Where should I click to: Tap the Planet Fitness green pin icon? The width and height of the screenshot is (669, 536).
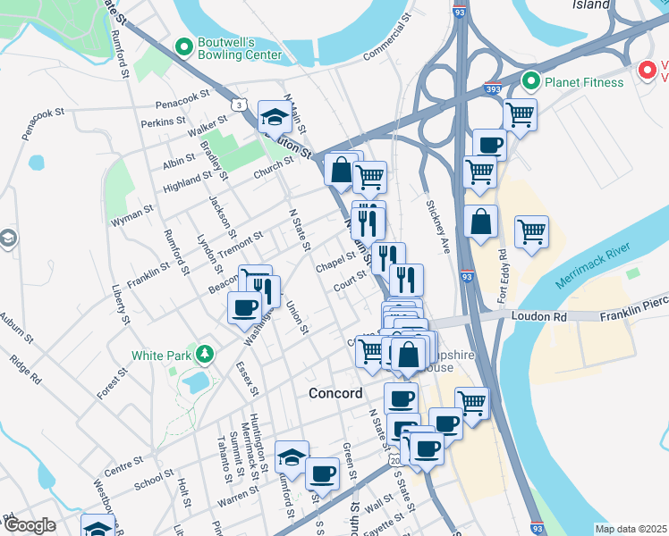[x=529, y=82]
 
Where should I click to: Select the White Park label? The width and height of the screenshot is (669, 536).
[x=162, y=355]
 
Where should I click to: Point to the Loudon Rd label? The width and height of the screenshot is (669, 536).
[x=540, y=316]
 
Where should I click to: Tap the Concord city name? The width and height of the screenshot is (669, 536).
[x=335, y=393]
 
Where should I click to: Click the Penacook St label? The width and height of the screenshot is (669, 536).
[x=181, y=92]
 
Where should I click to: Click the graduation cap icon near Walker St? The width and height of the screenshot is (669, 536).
[x=274, y=115]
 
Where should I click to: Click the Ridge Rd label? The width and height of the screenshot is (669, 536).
[x=25, y=371]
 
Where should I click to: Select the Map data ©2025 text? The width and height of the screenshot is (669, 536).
[x=631, y=529]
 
